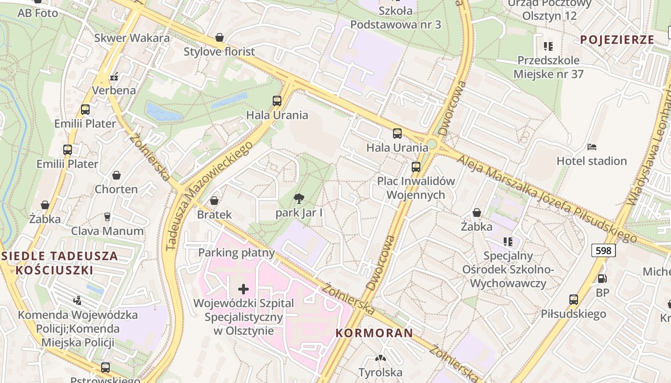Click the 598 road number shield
(x=603, y=250)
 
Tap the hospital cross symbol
(x=243, y=289)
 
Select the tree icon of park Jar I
(x=299, y=199)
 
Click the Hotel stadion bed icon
(x=592, y=146)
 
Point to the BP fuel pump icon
(x=602, y=278)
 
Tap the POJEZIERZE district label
(x=617, y=40)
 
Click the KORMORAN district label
(x=374, y=333)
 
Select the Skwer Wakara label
(x=132, y=38)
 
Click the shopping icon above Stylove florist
(x=220, y=37)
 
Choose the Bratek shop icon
(x=214, y=201)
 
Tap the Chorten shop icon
(x=116, y=176)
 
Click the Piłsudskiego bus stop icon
(x=574, y=300)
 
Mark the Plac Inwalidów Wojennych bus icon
(x=416, y=167)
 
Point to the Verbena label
(x=114, y=90)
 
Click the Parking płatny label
(x=237, y=253)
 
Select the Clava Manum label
(x=107, y=231)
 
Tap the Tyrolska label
(x=381, y=372)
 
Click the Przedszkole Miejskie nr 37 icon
(x=548, y=46)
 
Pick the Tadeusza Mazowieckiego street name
(x=209, y=196)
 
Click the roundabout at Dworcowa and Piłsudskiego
(x=432, y=144)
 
